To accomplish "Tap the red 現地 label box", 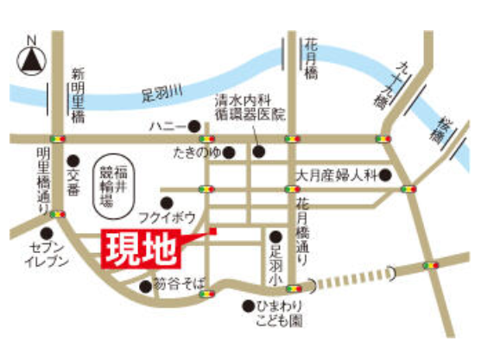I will point(142,249).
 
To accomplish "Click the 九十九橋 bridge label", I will point(384,83).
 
